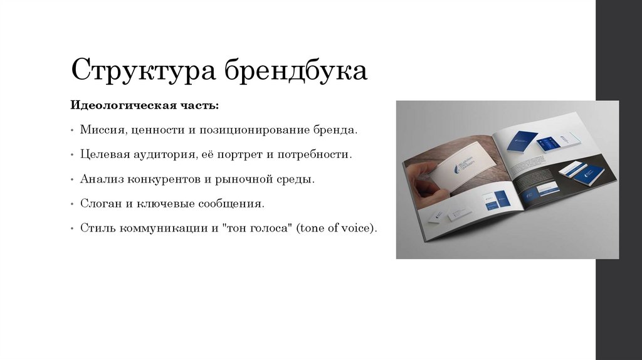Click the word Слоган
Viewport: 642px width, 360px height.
98,203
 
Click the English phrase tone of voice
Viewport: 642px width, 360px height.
337,228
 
